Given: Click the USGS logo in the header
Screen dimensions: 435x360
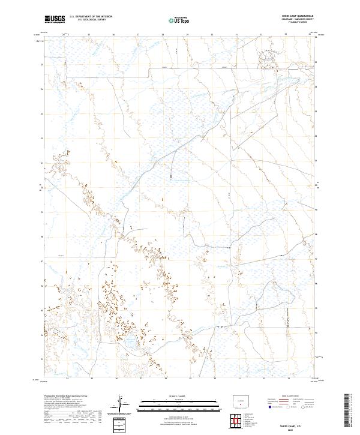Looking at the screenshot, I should click(55, 19).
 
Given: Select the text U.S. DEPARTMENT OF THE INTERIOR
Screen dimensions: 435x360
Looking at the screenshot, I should click(91, 17).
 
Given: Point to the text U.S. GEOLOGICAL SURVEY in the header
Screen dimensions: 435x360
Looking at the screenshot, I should click(88, 20).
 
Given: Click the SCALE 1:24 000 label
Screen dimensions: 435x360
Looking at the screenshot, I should click(179, 395).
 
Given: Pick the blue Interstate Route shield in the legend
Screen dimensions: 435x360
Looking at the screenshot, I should click(269, 406).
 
